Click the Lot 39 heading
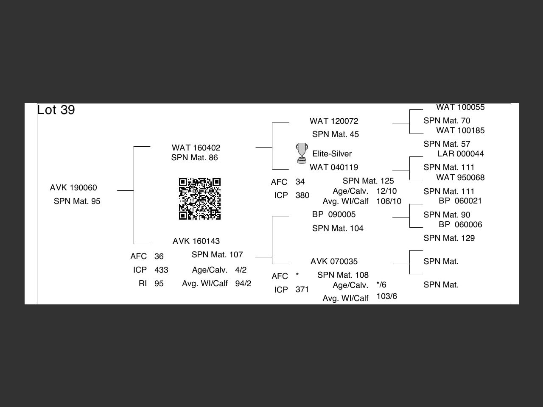click(56, 110)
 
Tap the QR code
click(200, 199)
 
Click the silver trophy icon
click(302, 153)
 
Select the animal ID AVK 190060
click(73, 187)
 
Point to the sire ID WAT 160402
click(196, 148)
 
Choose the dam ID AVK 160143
click(196, 241)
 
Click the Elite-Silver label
click(332, 153)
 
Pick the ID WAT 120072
click(334, 121)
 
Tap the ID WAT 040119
click(334, 167)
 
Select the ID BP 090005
click(334, 214)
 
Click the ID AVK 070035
click(334, 261)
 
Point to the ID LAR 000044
click(460, 153)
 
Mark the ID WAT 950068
click(460, 177)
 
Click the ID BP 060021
click(460, 201)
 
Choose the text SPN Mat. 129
click(449, 238)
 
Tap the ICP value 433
click(161, 270)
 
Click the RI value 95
click(159, 283)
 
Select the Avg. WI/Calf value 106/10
click(389, 201)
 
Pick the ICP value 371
click(302, 289)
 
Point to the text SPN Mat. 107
click(217, 254)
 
